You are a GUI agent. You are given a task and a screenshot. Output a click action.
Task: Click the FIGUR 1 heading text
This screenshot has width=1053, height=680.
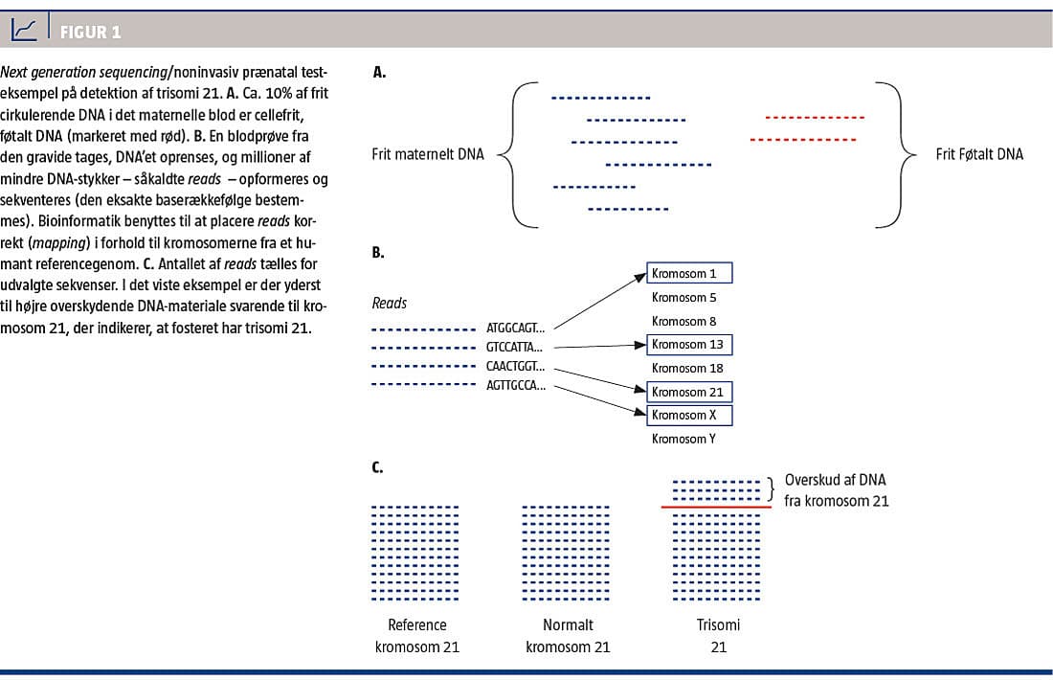90,33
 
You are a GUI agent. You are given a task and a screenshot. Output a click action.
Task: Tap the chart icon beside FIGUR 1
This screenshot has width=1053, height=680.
25,32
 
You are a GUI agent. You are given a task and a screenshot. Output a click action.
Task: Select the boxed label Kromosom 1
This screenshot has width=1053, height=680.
689,274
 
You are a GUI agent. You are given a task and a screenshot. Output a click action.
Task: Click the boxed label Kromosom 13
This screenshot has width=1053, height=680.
689,344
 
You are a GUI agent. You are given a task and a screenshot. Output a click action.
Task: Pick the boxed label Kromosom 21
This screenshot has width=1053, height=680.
689,392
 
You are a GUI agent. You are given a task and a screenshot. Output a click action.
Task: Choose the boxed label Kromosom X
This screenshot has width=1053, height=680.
689,415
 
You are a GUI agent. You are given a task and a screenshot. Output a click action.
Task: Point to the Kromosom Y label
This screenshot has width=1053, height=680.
684,439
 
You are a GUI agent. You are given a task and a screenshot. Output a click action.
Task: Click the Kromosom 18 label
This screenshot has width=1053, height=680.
687,368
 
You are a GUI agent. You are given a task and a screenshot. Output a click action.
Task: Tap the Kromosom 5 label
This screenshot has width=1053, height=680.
683,297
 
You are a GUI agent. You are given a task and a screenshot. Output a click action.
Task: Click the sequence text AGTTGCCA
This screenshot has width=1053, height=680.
516,386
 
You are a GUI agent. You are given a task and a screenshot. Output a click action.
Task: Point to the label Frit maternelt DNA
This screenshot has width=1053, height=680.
427,154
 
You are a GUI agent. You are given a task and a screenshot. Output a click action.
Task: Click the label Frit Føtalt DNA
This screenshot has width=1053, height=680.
979,154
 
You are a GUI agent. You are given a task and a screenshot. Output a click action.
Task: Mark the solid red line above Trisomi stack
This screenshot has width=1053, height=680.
716,507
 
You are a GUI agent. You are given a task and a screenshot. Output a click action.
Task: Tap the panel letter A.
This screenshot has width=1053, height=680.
379,72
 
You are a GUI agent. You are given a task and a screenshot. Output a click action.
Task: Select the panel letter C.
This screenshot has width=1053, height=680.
379,467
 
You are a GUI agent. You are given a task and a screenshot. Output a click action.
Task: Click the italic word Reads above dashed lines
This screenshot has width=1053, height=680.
390,304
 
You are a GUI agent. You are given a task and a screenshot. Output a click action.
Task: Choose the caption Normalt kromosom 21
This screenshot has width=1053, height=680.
568,636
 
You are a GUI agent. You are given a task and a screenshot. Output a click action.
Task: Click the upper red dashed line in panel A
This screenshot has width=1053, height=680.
815,118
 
